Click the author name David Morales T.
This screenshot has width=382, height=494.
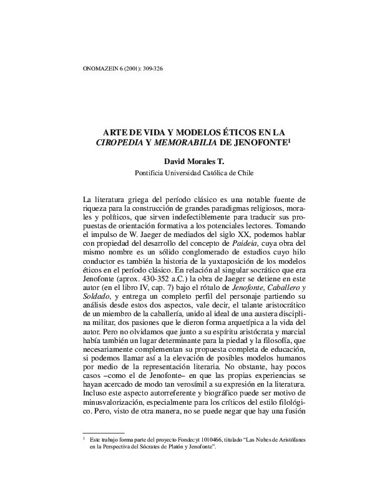pos(191,162)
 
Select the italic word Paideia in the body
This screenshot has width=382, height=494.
pos(227,251)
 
